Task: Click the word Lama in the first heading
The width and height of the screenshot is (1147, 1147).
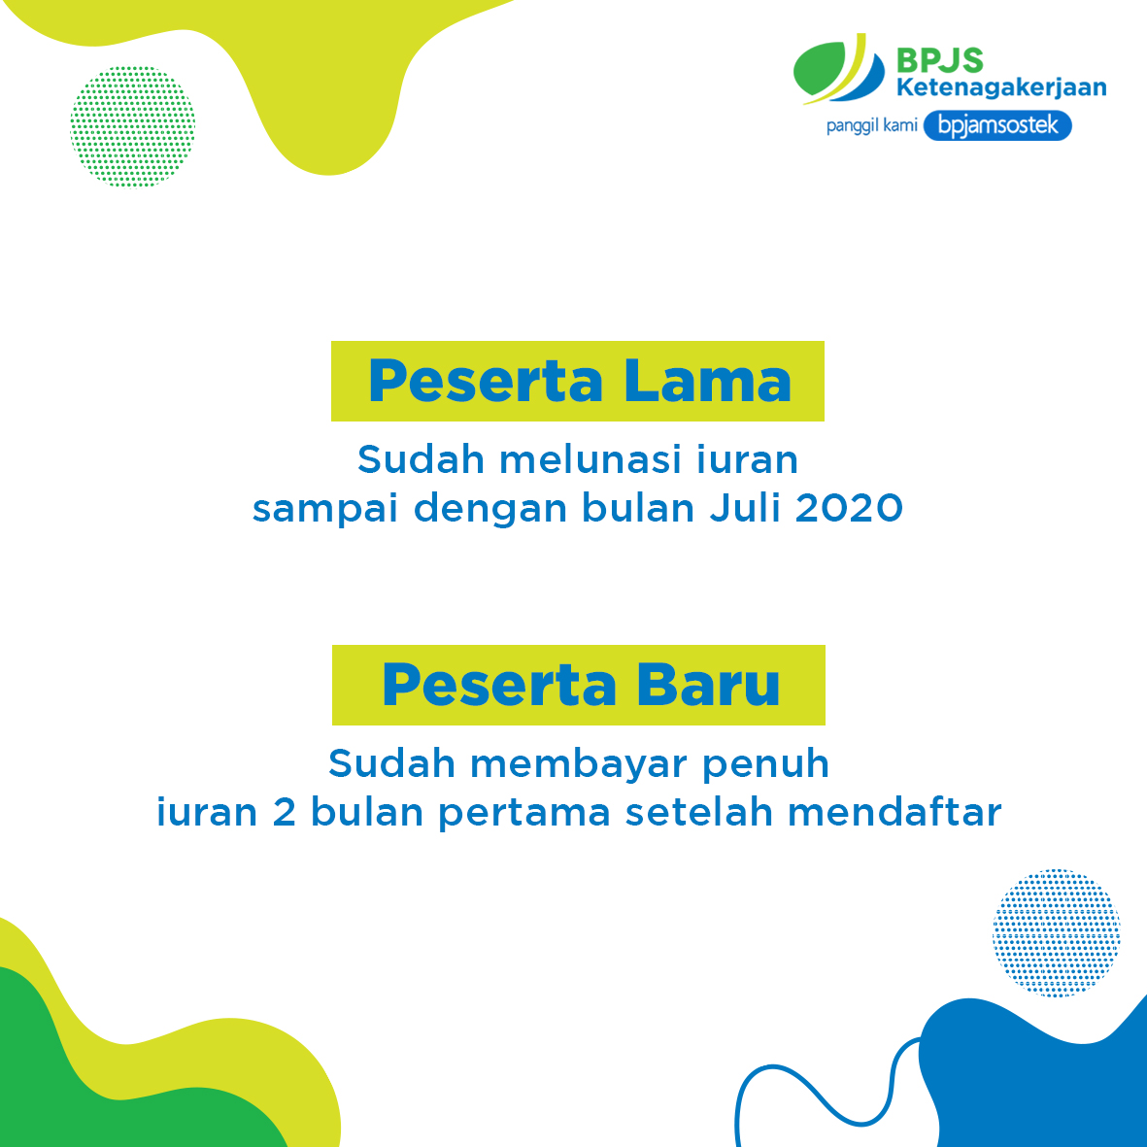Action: (707, 381)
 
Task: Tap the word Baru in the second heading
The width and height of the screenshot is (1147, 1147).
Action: (709, 686)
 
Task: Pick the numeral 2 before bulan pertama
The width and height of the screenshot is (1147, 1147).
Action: (284, 813)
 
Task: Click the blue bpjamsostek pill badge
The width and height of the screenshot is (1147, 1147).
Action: (997, 126)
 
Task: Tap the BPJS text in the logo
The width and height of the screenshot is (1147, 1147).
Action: (939, 60)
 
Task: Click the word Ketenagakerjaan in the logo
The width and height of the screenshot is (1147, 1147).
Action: (1000, 87)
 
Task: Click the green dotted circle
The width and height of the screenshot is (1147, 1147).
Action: (133, 126)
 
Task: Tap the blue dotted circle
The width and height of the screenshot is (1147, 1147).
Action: (1056, 933)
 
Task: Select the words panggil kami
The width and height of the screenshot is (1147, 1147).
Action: (871, 126)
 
